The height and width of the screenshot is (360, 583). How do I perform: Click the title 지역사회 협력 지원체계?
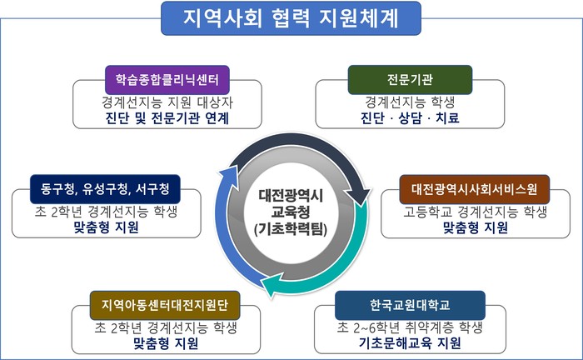pos(291,18)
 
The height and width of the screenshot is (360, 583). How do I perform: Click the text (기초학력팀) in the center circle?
pos(291,228)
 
